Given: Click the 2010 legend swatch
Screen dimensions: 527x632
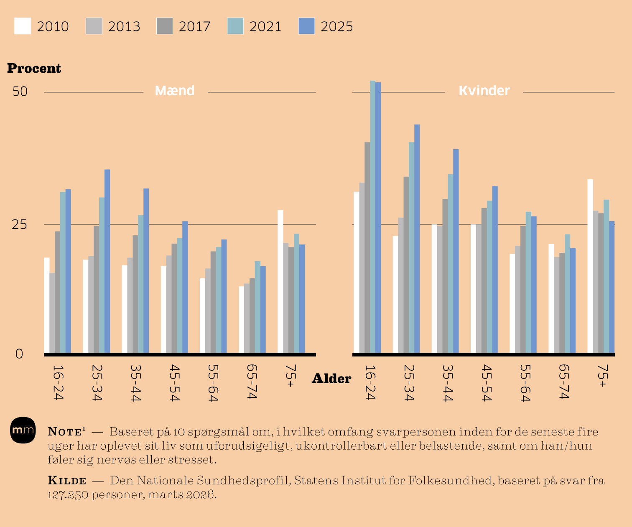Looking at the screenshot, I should [x=23, y=26].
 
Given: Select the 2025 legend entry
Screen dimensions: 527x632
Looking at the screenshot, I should [x=326, y=26].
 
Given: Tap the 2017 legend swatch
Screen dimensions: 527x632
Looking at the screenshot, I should [x=165, y=26].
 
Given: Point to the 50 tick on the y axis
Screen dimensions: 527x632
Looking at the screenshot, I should [x=20, y=91].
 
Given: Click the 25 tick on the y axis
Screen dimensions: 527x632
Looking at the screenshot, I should [x=20, y=225].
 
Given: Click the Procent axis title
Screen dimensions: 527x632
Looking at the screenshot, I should [x=34, y=68].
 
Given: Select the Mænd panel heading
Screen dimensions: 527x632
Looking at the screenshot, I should [x=175, y=91].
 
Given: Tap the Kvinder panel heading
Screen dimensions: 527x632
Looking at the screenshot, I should [x=484, y=91].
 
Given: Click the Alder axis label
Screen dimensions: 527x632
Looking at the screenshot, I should [x=331, y=379].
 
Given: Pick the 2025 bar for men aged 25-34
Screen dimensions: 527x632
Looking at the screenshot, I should [x=107, y=261].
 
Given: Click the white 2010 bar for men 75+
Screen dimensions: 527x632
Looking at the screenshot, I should [x=280, y=282].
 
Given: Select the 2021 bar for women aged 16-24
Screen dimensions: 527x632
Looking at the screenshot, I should [x=372, y=217].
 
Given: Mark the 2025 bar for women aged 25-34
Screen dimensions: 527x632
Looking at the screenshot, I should [x=417, y=239].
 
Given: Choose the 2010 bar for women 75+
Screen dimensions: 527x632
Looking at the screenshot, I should [x=590, y=266].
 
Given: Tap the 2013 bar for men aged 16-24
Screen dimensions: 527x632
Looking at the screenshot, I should [x=52, y=313].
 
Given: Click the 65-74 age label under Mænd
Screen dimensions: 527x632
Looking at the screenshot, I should [x=251, y=381].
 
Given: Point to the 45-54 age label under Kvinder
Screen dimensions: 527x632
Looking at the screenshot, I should [x=485, y=382].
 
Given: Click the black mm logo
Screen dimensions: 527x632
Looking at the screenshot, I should [x=23, y=430].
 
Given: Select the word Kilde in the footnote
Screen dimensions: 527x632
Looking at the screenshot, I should [x=67, y=481].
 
